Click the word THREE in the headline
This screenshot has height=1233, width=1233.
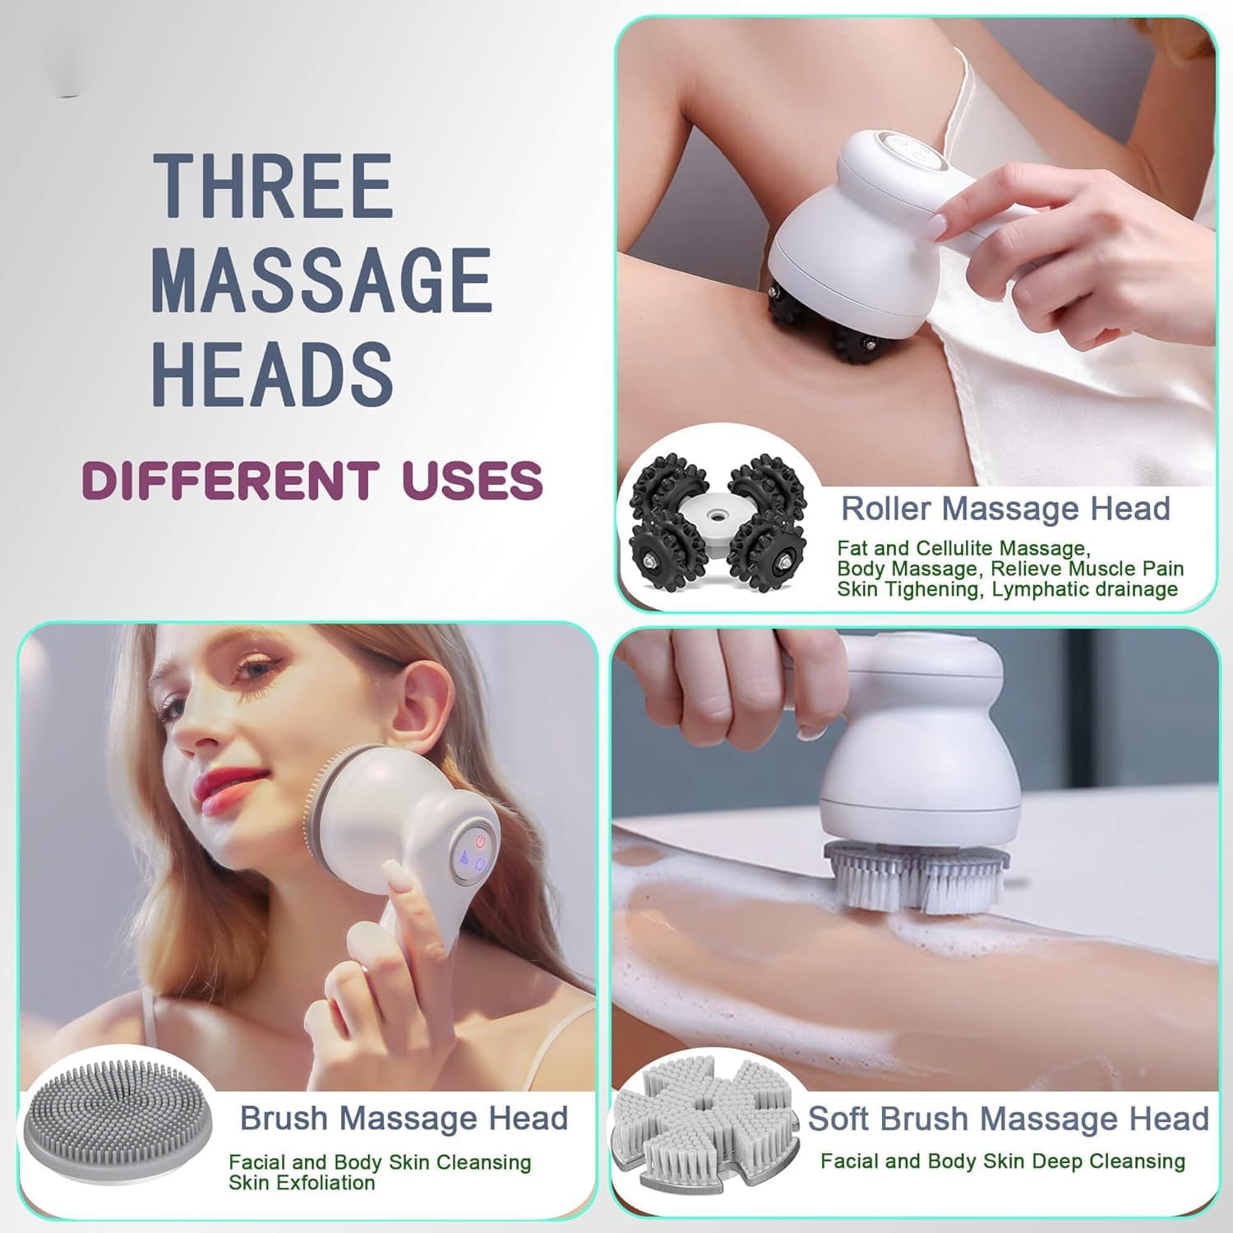pyautogui.click(x=273, y=187)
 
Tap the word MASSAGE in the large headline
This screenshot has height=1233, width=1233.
pyautogui.click(x=321, y=280)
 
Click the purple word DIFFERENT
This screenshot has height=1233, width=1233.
pyautogui.click(x=231, y=481)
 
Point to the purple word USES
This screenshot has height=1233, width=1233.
pyautogui.click(x=473, y=481)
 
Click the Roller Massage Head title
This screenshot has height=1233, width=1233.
pyautogui.click(x=1004, y=509)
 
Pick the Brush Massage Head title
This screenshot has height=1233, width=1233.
pyautogui.click(x=404, y=1118)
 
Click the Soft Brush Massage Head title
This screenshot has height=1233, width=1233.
pyautogui.click(x=1008, y=1119)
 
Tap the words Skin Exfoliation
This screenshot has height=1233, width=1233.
pyautogui.click(x=302, y=1183)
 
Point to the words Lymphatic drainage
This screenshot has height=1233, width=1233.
pyautogui.click(x=1084, y=589)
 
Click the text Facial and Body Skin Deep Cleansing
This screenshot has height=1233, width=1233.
pyautogui.click(x=1002, y=1161)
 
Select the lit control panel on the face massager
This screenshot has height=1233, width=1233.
pyautogui.click(x=473, y=851)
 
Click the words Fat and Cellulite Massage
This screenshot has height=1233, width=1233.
pyautogui.click(x=963, y=548)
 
